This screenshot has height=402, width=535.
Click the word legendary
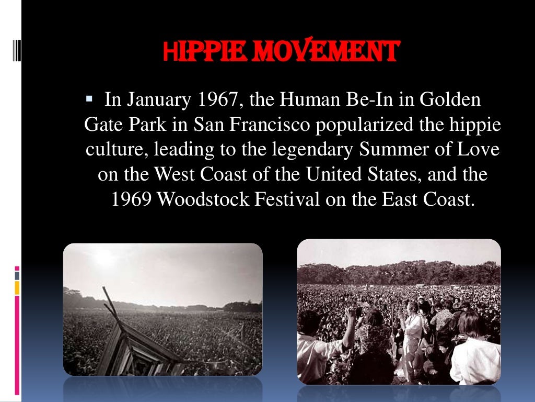(x=315, y=149)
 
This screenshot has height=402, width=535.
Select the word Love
(x=478, y=149)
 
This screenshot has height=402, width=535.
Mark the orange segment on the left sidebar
(x=17, y=287)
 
